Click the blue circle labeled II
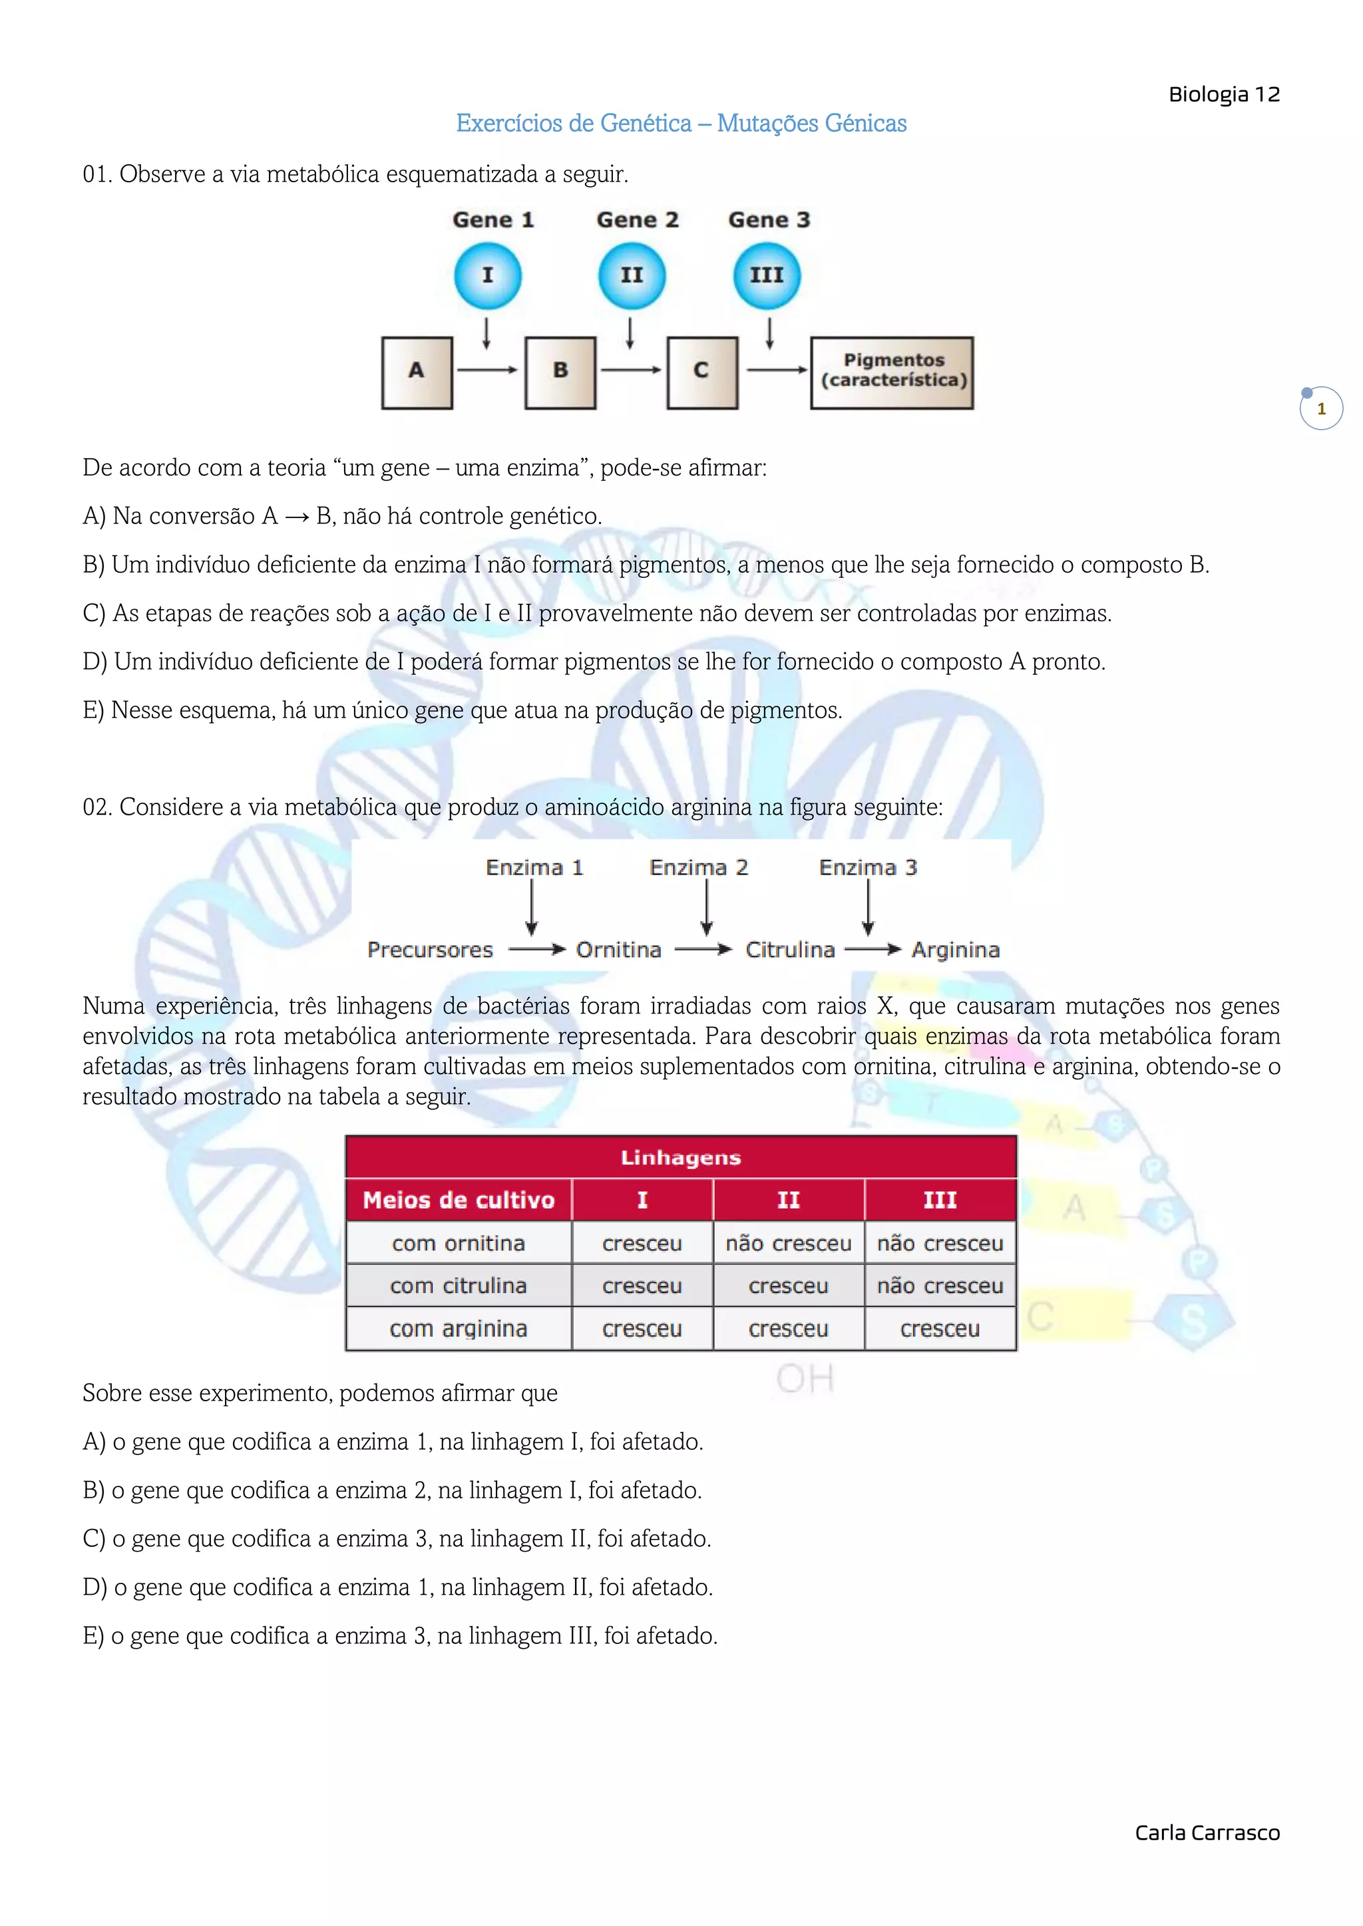(x=631, y=275)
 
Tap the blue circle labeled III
(x=766, y=275)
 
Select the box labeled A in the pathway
(x=417, y=372)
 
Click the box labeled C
(x=703, y=372)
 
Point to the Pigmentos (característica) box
(x=892, y=372)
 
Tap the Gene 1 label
(x=492, y=219)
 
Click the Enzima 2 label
(x=698, y=867)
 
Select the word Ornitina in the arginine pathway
(x=618, y=950)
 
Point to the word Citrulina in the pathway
(x=790, y=950)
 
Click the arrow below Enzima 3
(x=868, y=908)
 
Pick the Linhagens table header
(x=681, y=1158)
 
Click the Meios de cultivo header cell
(x=459, y=1200)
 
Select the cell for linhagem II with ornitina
(x=788, y=1243)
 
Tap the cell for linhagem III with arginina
(x=940, y=1329)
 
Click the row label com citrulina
(x=459, y=1286)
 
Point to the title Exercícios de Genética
(x=681, y=123)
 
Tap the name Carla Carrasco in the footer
(x=1207, y=1833)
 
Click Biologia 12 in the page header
(x=1224, y=95)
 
